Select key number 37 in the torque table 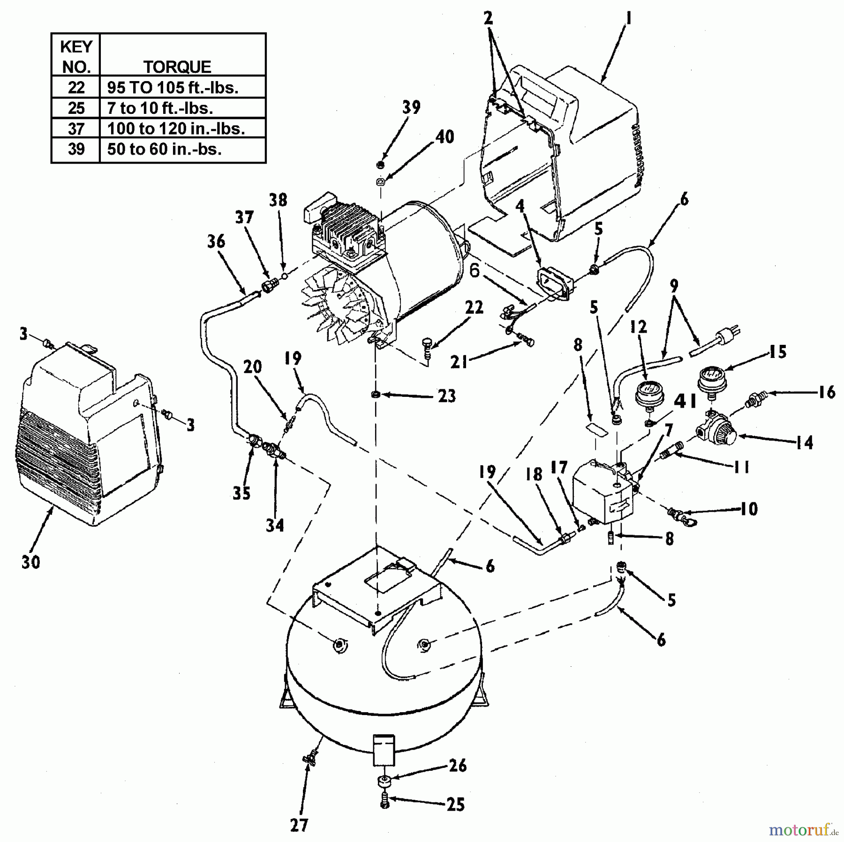[x=76, y=128]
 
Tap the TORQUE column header [x=177, y=67]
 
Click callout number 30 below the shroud [x=30, y=561]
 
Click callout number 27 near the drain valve [x=299, y=825]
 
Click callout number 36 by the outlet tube [x=216, y=241]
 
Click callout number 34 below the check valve [x=275, y=525]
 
